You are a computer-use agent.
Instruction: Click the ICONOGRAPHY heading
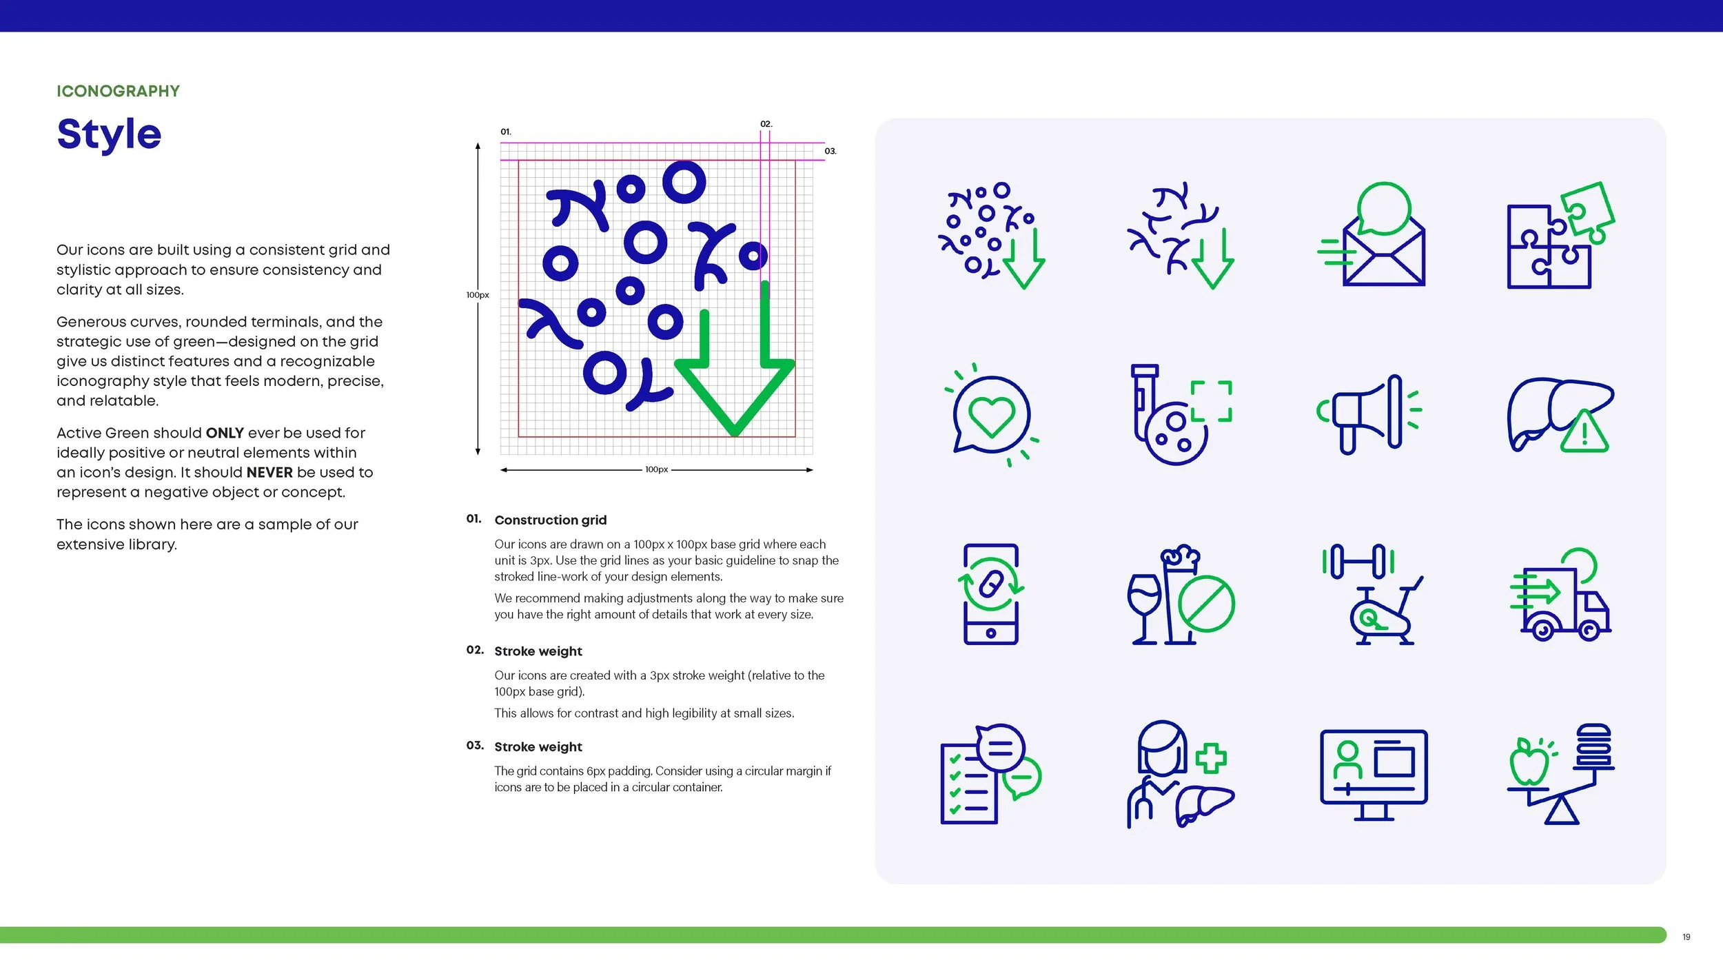point(118,91)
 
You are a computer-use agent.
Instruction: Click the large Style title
point(109,134)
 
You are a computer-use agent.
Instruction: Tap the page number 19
point(1686,937)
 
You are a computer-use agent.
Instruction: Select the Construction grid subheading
point(550,520)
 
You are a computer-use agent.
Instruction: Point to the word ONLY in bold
point(225,433)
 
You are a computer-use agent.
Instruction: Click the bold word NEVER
point(269,472)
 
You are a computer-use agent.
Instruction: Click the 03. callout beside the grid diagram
point(830,151)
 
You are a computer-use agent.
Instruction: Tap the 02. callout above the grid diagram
point(766,124)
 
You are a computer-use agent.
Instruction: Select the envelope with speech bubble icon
point(1372,234)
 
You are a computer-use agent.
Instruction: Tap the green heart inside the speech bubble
point(992,416)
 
